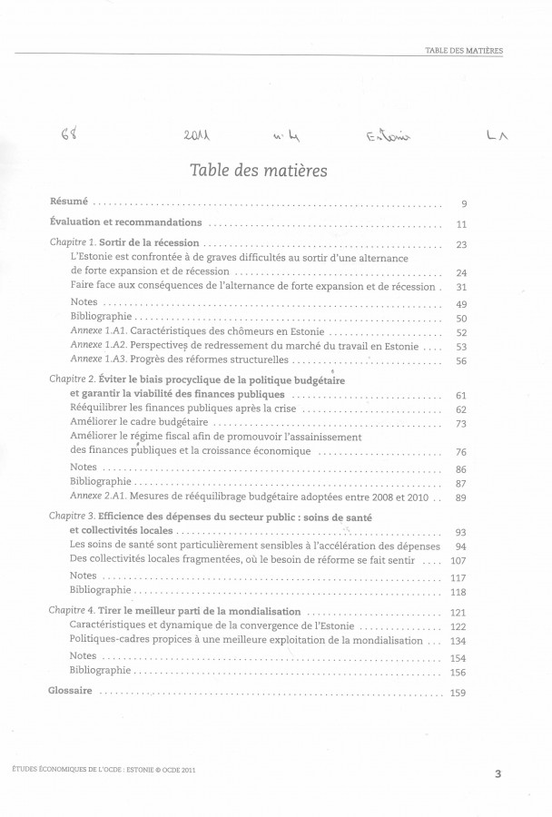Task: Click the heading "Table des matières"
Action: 272,170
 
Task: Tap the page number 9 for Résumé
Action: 463,204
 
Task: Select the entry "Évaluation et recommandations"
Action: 125,223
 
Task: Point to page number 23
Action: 460,245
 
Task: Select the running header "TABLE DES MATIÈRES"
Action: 464,50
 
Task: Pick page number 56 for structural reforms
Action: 460,361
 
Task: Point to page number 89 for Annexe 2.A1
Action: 460,497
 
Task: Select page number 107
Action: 458,560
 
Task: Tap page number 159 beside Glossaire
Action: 458,693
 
